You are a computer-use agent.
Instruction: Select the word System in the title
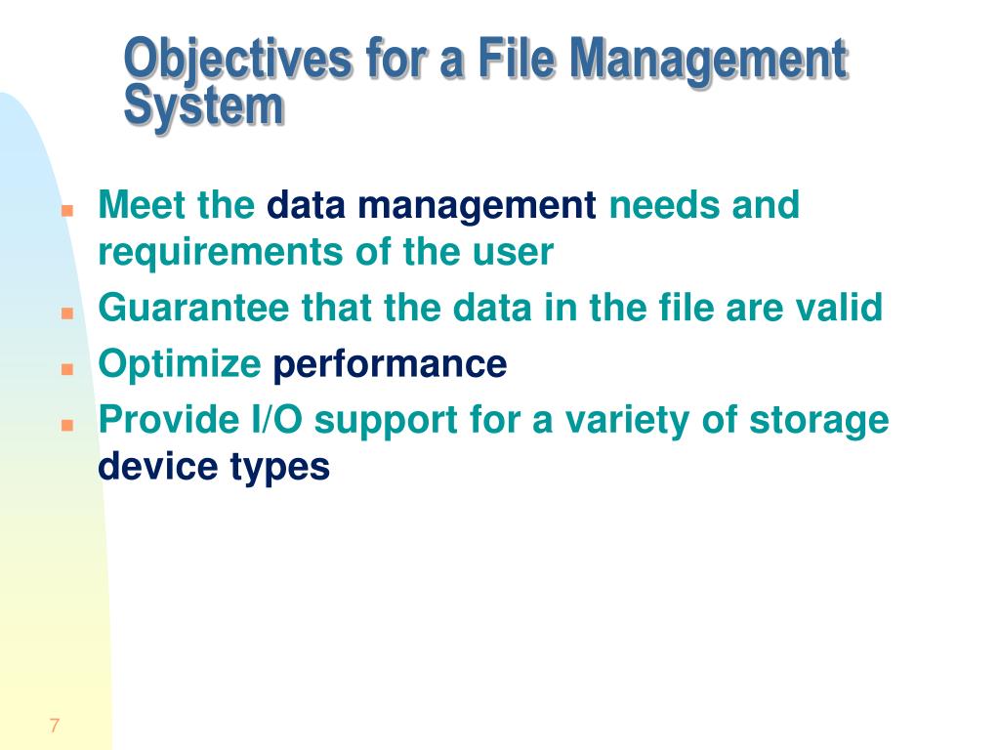203,106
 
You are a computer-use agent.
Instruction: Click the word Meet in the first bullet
142,205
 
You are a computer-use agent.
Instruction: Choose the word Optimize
180,364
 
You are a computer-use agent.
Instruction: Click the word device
157,466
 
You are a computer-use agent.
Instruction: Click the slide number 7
55,726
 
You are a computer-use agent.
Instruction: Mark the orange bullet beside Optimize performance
67,369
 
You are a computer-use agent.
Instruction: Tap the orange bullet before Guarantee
67,313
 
